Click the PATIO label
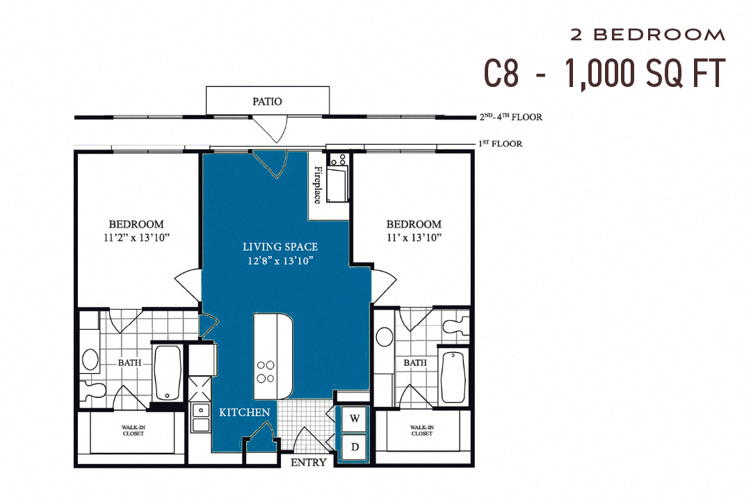coord(267,102)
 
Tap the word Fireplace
coord(318,185)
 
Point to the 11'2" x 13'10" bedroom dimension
coord(136,238)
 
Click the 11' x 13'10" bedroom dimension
coord(414,238)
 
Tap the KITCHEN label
coord(245,413)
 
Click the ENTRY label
coord(308,462)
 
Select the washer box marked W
coord(355,419)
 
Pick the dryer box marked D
coord(355,447)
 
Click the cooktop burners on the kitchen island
coord(266,372)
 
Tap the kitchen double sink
coord(202,418)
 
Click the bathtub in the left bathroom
coord(168,372)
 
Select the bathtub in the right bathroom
coord(453,376)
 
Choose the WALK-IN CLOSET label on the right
coord(421,431)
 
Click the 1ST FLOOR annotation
coord(500,144)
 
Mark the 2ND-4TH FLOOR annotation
coord(510,117)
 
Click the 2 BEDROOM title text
coord(647,34)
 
